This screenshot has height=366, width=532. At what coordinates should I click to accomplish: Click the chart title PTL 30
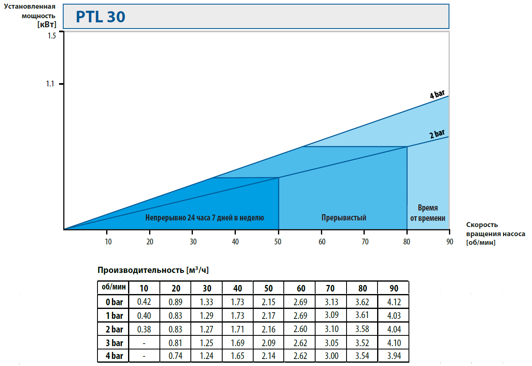pyautogui.click(x=100, y=17)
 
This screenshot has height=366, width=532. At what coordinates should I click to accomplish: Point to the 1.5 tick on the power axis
pyautogui.click(x=51, y=36)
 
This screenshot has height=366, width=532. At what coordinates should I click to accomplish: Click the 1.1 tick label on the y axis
pyautogui.click(x=50, y=84)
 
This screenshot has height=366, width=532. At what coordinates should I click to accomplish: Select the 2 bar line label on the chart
pyautogui.click(x=437, y=134)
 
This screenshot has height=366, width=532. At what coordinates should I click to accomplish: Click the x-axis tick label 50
pyautogui.click(x=278, y=242)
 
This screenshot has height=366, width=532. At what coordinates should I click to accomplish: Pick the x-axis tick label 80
pyautogui.click(x=407, y=242)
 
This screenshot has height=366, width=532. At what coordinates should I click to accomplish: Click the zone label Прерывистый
pyautogui.click(x=344, y=218)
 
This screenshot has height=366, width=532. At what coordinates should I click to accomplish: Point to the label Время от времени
pyautogui.click(x=427, y=213)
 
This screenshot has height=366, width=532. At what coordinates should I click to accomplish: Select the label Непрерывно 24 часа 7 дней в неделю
pyautogui.click(x=204, y=218)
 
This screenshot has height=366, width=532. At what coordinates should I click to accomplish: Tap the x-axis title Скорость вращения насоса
pyautogui.click(x=495, y=234)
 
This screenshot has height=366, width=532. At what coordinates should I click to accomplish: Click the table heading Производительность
pyautogui.click(x=153, y=270)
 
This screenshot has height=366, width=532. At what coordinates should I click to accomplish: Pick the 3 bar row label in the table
pyautogui.click(x=113, y=343)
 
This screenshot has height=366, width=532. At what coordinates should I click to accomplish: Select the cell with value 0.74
pyautogui.click(x=176, y=356)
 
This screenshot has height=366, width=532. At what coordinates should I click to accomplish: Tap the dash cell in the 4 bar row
pyautogui.click(x=144, y=356)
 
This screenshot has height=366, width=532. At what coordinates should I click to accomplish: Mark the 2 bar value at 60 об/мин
pyautogui.click(x=300, y=329)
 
